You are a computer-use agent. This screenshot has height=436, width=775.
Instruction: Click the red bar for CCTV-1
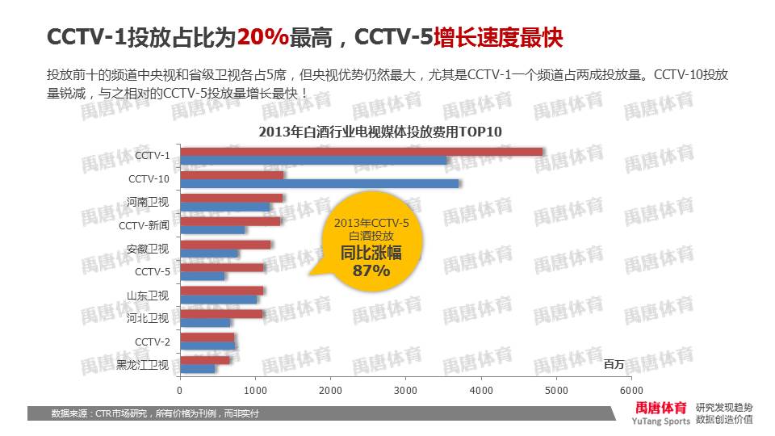tap(362, 151)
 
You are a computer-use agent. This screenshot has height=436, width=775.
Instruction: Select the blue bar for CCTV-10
tap(320, 184)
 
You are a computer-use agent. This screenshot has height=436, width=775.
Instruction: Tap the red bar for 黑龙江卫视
tap(205, 359)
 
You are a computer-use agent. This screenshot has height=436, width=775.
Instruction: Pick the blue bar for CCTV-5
tap(203, 276)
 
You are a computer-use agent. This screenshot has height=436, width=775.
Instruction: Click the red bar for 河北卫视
tap(221, 313)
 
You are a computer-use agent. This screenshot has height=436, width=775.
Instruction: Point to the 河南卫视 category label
tap(148, 202)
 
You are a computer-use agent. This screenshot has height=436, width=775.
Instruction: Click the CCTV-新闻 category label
tap(145, 225)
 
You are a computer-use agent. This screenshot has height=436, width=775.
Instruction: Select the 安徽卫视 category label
tap(148, 249)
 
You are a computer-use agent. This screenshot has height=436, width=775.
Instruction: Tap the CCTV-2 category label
tap(153, 342)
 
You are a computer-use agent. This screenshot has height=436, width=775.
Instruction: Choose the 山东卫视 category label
tap(148, 296)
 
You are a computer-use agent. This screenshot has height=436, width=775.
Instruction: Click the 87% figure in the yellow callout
tap(371, 271)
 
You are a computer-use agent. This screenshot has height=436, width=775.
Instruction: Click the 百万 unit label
tap(614, 365)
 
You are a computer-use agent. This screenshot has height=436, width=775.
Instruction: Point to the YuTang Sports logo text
tap(661, 421)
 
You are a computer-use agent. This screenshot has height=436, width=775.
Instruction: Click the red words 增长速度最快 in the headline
tap(498, 37)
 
